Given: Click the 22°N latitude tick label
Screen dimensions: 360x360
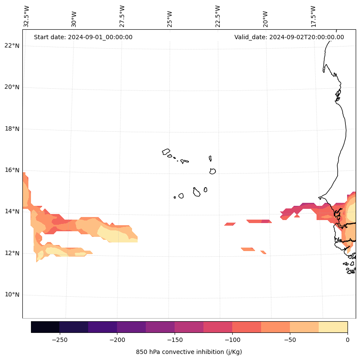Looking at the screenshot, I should pyautogui.click(x=12, y=46).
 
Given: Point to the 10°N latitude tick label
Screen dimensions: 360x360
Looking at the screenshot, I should pyautogui.click(x=12, y=295).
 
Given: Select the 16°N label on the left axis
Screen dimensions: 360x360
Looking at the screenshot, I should pyautogui.click(x=12, y=170).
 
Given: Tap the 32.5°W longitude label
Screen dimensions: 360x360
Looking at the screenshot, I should pyautogui.click(x=27, y=16).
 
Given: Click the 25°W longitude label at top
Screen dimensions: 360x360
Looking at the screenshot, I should pyautogui.click(x=170, y=19).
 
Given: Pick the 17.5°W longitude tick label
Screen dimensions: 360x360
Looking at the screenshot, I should pyautogui.click(x=313, y=16).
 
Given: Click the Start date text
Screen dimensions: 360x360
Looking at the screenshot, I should pyautogui.click(x=83, y=37).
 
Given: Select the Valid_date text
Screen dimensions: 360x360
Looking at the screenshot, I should pyautogui.click(x=289, y=37).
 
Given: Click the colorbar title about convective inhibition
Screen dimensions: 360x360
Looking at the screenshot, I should pyautogui.click(x=189, y=352).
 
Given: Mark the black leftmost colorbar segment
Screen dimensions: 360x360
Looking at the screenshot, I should pyautogui.click(x=45, y=327).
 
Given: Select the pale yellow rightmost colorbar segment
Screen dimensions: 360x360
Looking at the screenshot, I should pyautogui.click(x=333, y=327).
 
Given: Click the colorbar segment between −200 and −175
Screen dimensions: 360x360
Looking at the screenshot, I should pyautogui.click(x=131, y=327).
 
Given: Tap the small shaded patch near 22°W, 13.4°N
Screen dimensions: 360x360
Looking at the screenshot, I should pyautogui.click(x=230, y=224).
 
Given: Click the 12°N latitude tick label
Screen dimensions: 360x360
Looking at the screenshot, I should pyautogui.click(x=12, y=253).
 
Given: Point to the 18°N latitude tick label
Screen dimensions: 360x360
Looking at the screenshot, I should pyautogui.click(x=12, y=129).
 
